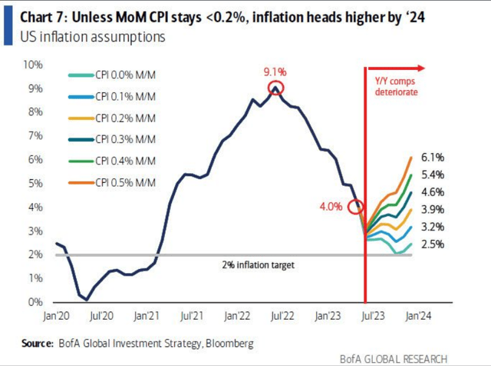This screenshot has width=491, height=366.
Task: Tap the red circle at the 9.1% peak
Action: [276, 88]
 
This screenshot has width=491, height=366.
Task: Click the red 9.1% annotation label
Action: [276, 72]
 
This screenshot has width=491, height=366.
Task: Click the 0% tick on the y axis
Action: [35, 302]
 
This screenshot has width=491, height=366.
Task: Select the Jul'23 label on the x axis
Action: [372, 315]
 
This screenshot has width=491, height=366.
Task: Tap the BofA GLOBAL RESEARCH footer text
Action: [429, 359]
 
